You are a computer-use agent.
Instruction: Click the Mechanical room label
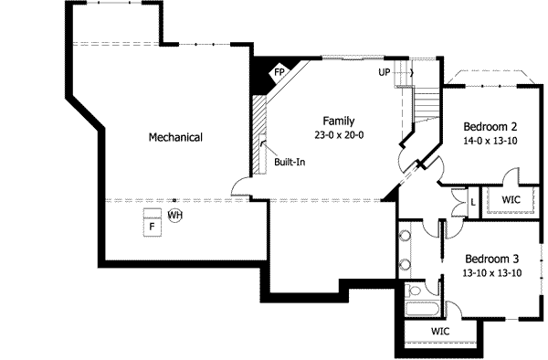pyautogui.click(x=175, y=137)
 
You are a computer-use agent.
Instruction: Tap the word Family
pyautogui.click(x=338, y=121)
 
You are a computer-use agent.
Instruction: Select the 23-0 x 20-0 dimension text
pyautogui.click(x=338, y=134)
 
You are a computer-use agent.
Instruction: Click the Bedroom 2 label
pyautogui.click(x=490, y=126)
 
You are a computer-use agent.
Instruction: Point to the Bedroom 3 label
pyautogui.click(x=490, y=259)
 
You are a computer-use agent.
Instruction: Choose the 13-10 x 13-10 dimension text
pyautogui.click(x=490, y=272)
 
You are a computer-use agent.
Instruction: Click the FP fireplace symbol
pyautogui.click(x=279, y=69)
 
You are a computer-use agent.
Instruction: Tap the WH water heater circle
pyautogui.click(x=174, y=216)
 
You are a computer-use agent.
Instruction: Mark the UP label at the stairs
pyautogui.click(x=385, y=70)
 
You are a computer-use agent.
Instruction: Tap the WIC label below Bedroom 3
pyautogui.click(x=440, y=330)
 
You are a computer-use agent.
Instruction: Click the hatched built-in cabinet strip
pyautogui.click(x=258, y=137)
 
